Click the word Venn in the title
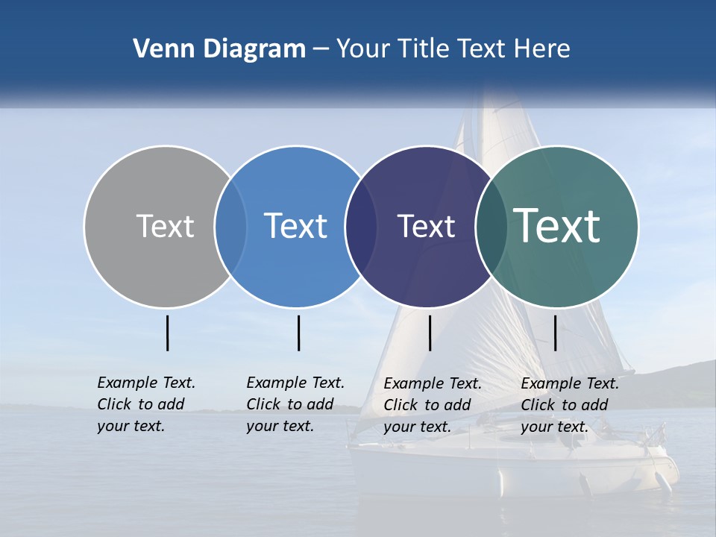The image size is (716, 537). [x=158, y=49]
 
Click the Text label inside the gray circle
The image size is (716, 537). [x=165, y=226]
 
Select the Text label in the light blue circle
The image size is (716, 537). [x=295, y=226]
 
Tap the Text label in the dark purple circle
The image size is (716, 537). [x=426, y=226]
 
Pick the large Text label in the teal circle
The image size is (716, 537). [x=556, y=226]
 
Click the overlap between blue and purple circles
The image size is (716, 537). [x=361, y=227]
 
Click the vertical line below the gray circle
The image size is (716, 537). [x=167, y=333]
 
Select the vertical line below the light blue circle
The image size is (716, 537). [x=298, y=333]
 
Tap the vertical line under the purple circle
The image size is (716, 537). [x=430, y=333]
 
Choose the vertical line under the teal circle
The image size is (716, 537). [x=556, y=333]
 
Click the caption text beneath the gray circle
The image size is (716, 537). [x=145, y=404]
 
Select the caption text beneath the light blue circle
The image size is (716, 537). [x=295, y=404]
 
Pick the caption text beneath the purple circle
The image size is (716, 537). [x=432, y=405]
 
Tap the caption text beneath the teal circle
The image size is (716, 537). [x=569, y=405]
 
